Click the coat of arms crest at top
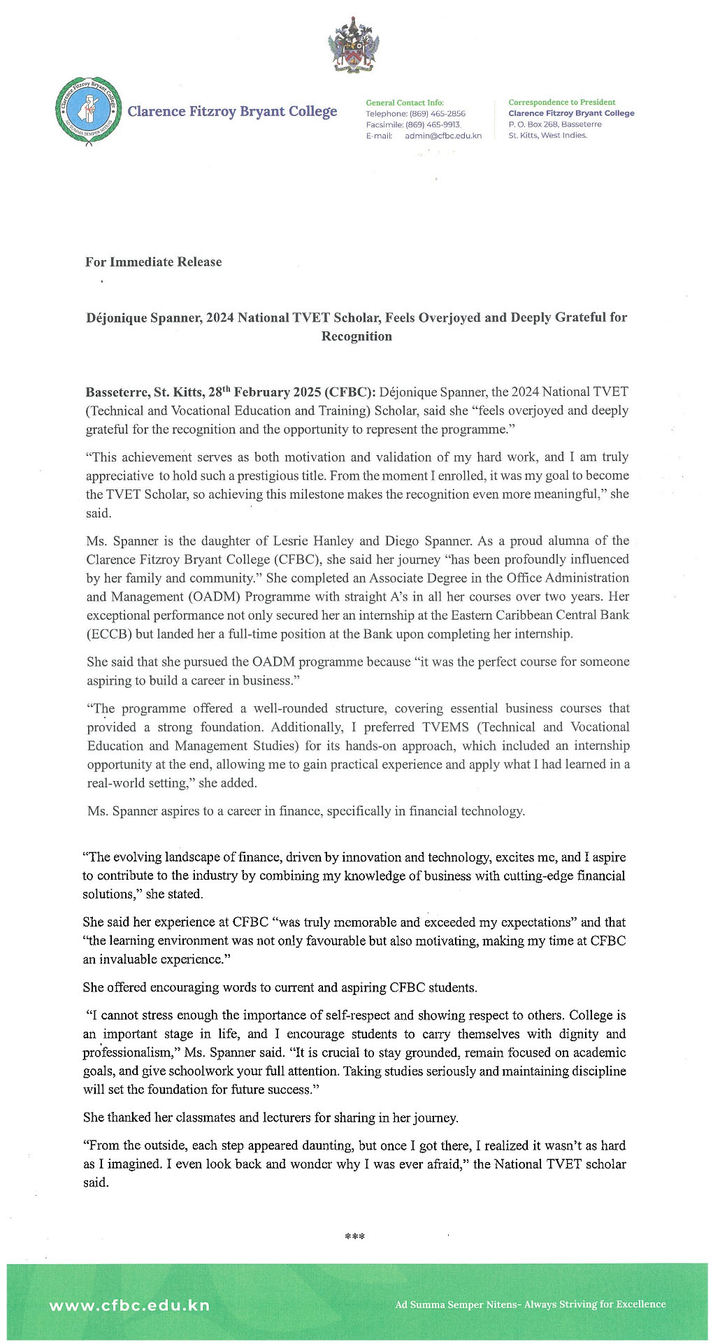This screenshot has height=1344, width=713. pos(354,46)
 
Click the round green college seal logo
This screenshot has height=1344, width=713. pos(87,111)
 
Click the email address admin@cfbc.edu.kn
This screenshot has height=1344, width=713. pos(443,136)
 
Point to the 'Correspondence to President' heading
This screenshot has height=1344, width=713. pos(561,102)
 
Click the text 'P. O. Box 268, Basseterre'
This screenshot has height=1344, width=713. pos(554,124)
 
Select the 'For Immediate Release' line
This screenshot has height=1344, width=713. pos(153,262)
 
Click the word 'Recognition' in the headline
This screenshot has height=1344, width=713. pos(356,336)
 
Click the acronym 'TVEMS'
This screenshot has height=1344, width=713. pos(445,727)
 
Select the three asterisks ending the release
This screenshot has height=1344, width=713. pos(355,1237)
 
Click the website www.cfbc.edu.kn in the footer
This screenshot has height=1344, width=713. pos(129,1305)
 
